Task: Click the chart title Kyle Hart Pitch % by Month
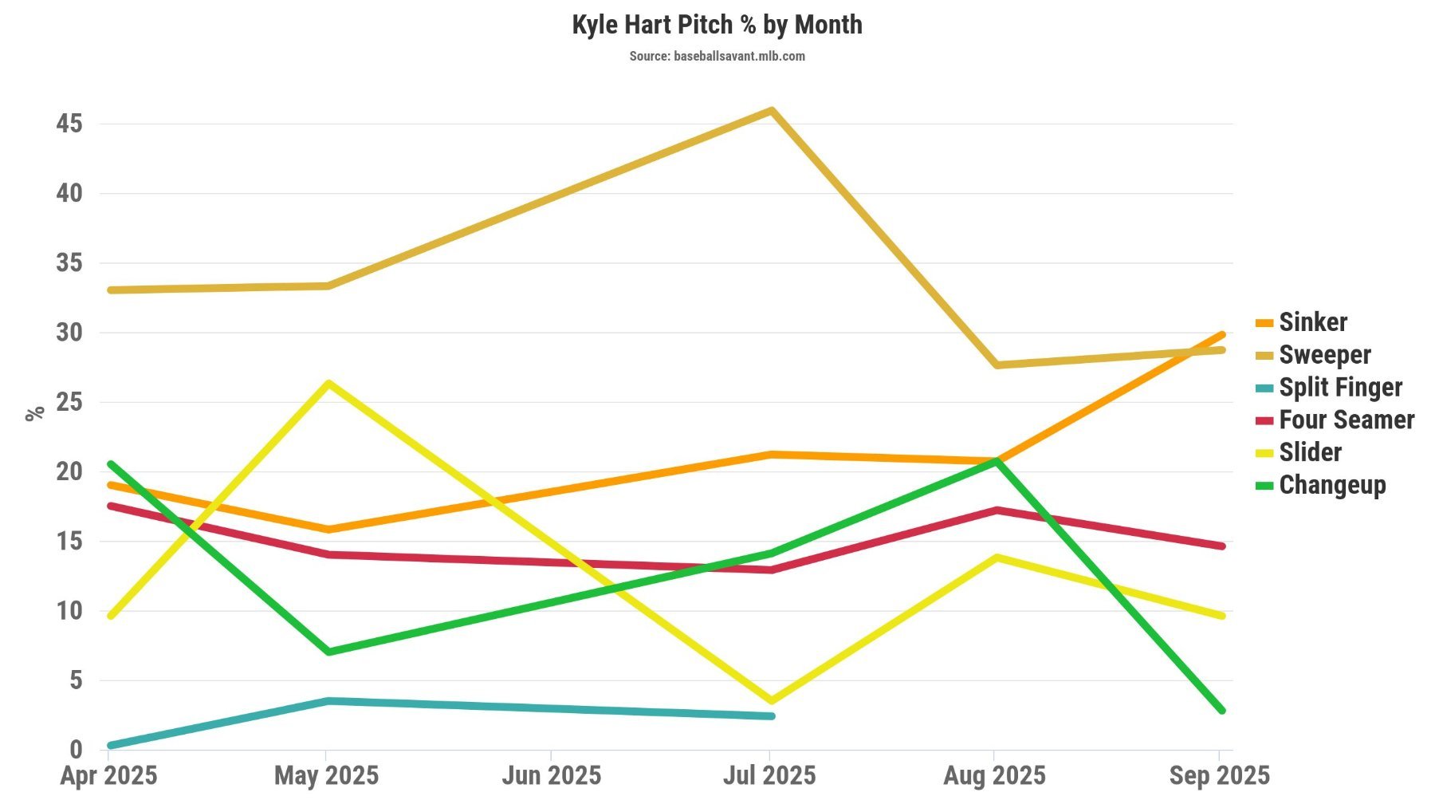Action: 717,25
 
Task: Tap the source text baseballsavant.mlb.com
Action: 717,56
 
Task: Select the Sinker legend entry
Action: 1312,322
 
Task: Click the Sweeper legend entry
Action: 1324,355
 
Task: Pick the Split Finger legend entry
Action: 1339,388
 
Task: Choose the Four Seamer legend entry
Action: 1346,420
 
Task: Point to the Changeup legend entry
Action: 1331,485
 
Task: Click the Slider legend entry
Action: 1310,453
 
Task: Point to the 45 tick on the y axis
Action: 69,124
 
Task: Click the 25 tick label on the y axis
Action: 69,402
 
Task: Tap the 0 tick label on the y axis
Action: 76,749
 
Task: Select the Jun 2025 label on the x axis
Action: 551,775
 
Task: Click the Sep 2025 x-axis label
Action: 1219,775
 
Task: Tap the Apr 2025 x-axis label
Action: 108,775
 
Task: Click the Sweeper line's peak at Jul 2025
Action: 772,110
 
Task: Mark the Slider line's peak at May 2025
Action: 328,384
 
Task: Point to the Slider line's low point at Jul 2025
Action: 771,701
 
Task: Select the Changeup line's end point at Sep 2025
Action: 1221,710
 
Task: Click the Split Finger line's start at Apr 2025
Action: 110,746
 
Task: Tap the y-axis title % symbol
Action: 34,413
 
